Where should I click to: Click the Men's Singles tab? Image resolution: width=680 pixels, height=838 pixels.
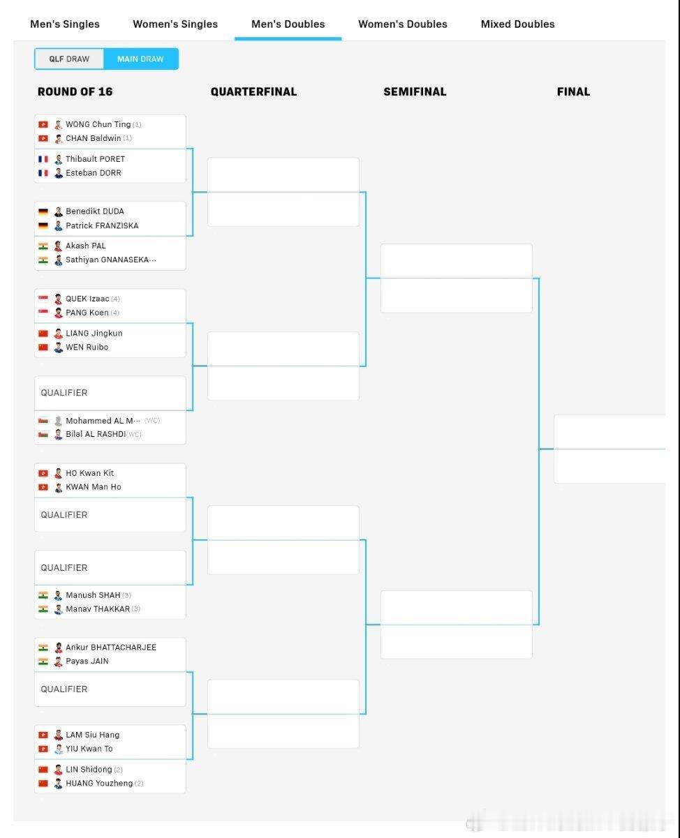[x=65, y=24]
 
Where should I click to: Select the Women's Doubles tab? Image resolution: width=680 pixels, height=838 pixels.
[x=403, y=24]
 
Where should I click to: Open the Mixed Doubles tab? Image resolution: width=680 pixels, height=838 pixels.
[x=517, y=24]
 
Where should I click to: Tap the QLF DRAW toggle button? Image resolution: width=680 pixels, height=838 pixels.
[x=69, y=59]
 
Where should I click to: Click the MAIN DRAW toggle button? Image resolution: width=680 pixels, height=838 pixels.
[x=140, y=59]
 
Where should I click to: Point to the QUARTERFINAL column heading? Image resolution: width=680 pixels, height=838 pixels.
[x=253, y=91]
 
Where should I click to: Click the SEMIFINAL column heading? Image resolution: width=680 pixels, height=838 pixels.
[x=415, y=91]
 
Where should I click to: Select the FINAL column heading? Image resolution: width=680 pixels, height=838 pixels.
[x=573, y=91]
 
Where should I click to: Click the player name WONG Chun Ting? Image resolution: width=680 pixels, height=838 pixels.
[x=98, y=124]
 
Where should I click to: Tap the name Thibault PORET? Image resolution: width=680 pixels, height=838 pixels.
[x=95, y=159]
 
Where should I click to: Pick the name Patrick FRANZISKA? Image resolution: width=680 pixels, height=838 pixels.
[x=102, y=225]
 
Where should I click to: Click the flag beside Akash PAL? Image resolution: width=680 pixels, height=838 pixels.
[x=43, y=246]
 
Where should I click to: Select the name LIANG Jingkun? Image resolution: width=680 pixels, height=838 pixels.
[x=94, y=334]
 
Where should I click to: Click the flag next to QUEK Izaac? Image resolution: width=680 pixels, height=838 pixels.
[x=43, y=299]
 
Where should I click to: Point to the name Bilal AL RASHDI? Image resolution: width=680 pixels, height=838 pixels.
[x=96, y=434]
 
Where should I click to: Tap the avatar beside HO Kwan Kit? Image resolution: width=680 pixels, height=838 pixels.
[x=59, y=473]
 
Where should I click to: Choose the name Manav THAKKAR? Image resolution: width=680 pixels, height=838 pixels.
[x=98, y=608]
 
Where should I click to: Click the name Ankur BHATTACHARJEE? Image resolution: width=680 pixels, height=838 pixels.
[x=111, y=648]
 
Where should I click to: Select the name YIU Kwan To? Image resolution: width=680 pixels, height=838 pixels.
[x=89, y=749]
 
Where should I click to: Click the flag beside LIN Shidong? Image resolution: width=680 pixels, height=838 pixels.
[x=43, y=770]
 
